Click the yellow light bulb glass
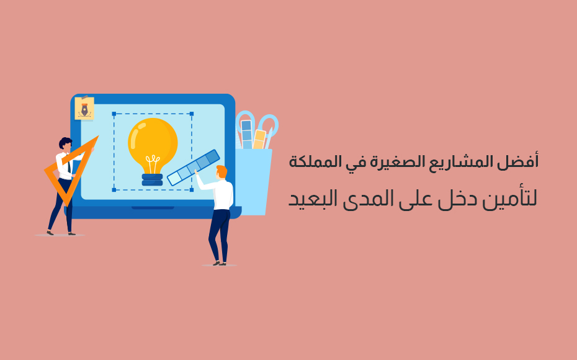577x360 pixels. click(x=153, y=143)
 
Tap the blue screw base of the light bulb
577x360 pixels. click(x=153, y=179)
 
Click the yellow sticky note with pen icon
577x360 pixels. click(x=84, y=109)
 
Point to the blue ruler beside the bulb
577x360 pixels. click(x=194, y=168)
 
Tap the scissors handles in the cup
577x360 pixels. click(x=257, y=124)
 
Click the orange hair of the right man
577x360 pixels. click(x=222, y=171)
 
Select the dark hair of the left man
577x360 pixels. click(x=65, y=142)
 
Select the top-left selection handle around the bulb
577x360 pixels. click(x=114, y=114)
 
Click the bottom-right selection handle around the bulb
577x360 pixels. click(x=191, y=190)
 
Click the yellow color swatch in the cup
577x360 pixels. click(x=259, y=139)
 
